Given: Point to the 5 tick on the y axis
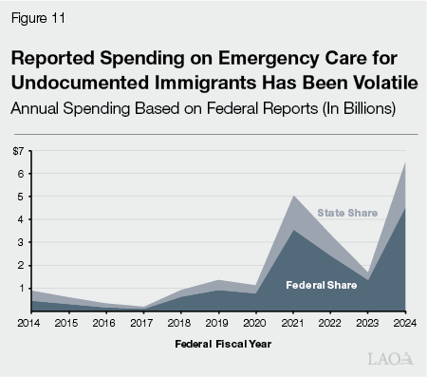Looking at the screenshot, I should coord(19,197).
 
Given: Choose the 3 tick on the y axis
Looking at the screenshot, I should coord(19,242).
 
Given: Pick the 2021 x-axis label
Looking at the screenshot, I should coord(292,323).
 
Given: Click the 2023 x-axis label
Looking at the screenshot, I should coord(369,323).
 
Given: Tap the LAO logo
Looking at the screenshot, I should coord(391,358).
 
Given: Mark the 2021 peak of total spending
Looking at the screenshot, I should coord(293,196).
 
